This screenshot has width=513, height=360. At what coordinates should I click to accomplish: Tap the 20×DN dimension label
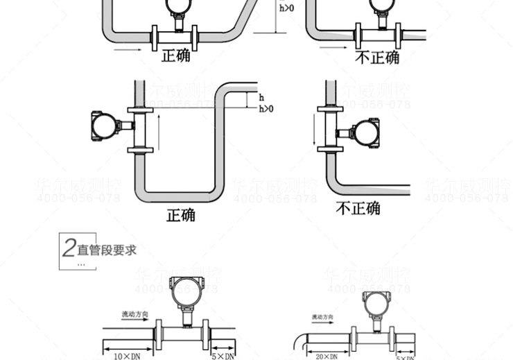point(326,357)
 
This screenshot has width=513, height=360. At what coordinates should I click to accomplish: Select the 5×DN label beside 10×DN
point(222,356)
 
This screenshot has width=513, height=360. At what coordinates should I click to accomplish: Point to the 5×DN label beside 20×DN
point(406,357)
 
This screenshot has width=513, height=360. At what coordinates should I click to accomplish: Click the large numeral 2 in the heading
point(69,248)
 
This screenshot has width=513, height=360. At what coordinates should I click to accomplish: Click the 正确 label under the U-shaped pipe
point(180,214)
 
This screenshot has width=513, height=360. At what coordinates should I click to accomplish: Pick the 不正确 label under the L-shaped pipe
point(358,208)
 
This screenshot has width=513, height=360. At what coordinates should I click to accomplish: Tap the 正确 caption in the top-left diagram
point(176,55)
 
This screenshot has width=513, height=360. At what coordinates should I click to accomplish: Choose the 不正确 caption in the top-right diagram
point(377,57)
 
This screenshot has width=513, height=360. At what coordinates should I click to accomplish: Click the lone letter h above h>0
point(261,98)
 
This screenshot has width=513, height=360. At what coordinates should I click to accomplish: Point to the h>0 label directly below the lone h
point(266,109)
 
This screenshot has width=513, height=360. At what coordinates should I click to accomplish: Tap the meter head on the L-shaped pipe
point(365,133)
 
